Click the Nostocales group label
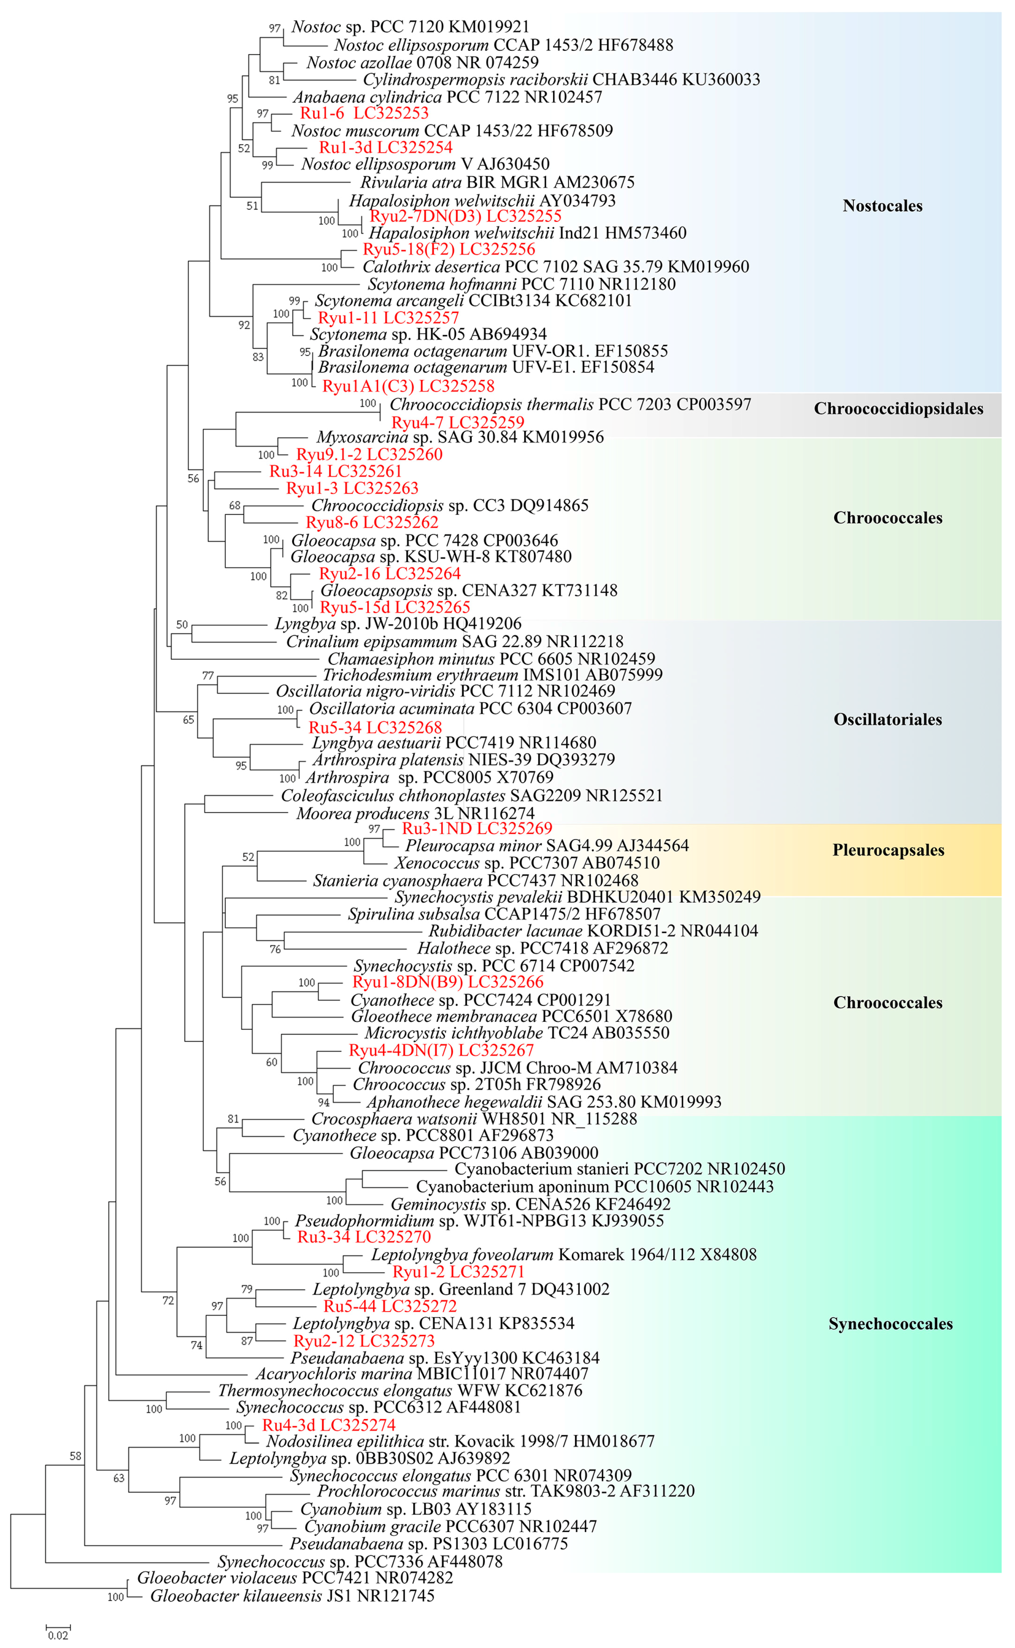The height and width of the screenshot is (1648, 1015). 882,206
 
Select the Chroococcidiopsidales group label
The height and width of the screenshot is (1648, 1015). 898,409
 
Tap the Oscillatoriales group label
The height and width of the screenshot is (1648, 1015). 887,720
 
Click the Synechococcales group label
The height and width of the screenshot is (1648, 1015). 890,1324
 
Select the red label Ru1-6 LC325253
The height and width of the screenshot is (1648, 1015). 364,113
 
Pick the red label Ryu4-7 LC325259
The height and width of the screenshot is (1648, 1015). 458,422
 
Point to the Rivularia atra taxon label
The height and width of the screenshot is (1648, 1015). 497,182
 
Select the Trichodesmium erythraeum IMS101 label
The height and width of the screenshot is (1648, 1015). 492,675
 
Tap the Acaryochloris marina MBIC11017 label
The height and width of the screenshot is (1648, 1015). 422,1373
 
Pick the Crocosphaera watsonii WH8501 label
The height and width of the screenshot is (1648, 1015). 474,1118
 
